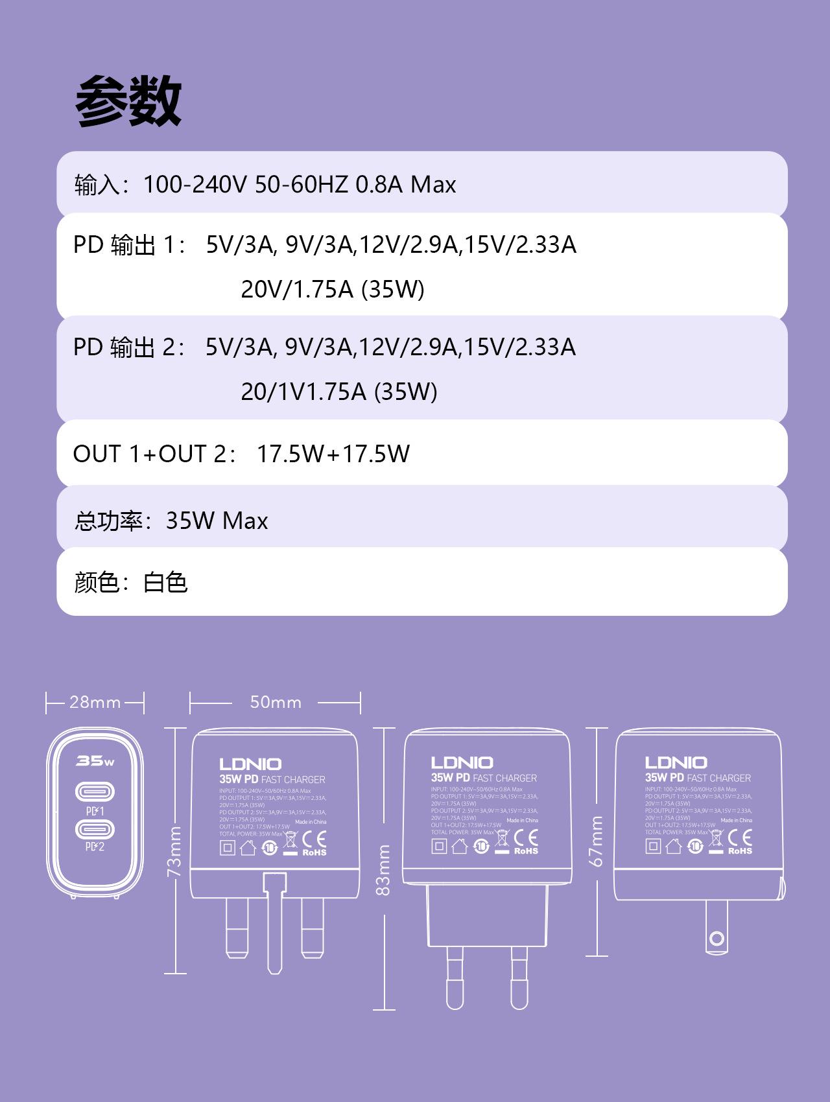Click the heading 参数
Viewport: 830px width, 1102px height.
[128, 101]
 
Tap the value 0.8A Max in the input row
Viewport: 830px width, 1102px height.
[405, 185]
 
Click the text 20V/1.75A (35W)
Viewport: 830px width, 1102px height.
[333, 288]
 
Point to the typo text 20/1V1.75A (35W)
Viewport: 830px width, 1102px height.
[339, 392]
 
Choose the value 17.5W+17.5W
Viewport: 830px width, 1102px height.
[333, 454]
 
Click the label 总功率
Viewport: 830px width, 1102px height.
[108, 521]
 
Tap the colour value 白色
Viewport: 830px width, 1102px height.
[165, 582]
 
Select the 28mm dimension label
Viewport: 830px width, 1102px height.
[95, 702]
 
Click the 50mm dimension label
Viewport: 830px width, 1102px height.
[276, 702]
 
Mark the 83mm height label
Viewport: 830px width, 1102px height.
[385, 870]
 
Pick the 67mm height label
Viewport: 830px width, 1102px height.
[597, 841]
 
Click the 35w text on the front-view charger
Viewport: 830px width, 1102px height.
[95, 760]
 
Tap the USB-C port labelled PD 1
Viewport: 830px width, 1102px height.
[95, 791]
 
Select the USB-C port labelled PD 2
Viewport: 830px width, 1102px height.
[95, 829]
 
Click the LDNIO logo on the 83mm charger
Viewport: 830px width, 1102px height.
[462, 762]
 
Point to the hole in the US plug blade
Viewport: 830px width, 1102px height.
[717, 937]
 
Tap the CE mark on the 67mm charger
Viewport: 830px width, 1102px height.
[740, 838]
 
